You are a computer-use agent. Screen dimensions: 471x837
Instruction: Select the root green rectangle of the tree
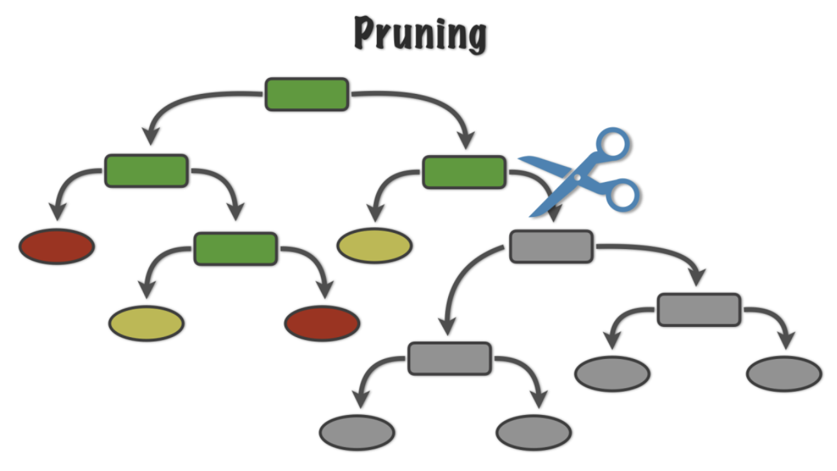click(x=307, y=94)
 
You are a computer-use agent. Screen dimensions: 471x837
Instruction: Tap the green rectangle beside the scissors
click(x=464, y=172)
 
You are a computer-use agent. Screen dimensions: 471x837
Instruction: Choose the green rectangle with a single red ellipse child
click(x=146, y=171)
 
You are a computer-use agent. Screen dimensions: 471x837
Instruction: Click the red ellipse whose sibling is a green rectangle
click(x=57, y=246)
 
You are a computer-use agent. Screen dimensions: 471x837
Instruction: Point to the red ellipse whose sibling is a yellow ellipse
click(x=322, y=323)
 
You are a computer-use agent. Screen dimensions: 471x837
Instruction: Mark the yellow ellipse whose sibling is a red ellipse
click(x=146, y=323)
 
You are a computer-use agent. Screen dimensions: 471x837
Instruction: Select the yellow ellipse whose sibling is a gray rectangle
click(x=374, y=245)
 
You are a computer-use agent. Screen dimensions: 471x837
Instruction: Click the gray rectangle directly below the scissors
click(x=551, y=246)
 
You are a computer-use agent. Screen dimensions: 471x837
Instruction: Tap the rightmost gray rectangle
click(x=698, y=309)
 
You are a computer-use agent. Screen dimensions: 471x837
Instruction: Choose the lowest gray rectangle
click(x=449, y=358)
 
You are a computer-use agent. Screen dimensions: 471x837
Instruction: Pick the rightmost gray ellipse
click(x=784, y=373)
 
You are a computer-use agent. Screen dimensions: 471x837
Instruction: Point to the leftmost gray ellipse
click(x=357, y=432)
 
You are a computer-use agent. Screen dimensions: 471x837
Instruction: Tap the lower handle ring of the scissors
click(x=622, y=194)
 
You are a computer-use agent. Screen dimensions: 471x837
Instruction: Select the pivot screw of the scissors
click(x=577, y=176)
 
